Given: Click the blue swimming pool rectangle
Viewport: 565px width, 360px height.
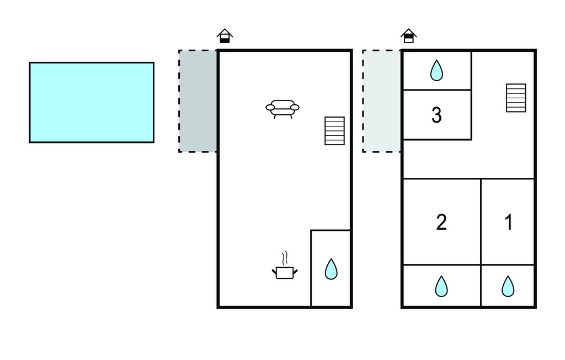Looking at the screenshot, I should pyautogui.click(x=92, y=102).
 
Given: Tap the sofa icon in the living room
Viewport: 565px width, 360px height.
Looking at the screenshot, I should pyautogui.click(x=282, y=108).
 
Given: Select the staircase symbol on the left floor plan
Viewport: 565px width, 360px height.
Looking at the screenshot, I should pyautogui.click(x=334, y=131).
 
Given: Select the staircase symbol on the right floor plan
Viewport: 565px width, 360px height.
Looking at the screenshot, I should pyautogui.click(x=516, y=98).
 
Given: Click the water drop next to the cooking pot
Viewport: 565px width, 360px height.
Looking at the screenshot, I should pyautogui.click(x=331, y=269).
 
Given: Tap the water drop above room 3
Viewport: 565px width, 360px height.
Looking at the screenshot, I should pyautogui.click(x=436, y=70).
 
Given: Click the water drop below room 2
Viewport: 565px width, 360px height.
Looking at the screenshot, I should pyautogui.click(x=441, y=286).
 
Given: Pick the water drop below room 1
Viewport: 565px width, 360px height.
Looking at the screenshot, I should pyautogui.click(x=508, y=286).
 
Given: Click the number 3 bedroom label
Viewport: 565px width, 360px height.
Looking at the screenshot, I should pyautogui.click(x=436, y=115).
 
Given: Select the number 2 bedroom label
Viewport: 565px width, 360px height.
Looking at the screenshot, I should pyautogui.click(x=441, y=222).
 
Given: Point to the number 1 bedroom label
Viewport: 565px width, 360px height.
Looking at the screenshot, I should pyautogui.click(x=508, y=222).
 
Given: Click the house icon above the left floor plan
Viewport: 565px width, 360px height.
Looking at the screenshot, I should pyautogui.click(x=224, y=36).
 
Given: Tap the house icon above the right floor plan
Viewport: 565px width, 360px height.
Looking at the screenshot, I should pyautogui.click(x=408, y=36).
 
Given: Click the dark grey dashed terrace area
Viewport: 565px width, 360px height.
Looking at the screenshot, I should pyautogui.click(x=198, y=101).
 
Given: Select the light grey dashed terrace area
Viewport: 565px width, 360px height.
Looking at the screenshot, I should pyautogui.click(x=381, y=101).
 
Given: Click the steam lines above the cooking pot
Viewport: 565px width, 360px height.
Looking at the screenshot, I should pyautogui.click(x=285, y=258).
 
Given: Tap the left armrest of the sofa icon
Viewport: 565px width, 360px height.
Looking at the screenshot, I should pyautogui.click(x=270, y=107).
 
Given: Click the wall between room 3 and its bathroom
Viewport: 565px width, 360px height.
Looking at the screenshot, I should pyautogui.click(x=436, y=89).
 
